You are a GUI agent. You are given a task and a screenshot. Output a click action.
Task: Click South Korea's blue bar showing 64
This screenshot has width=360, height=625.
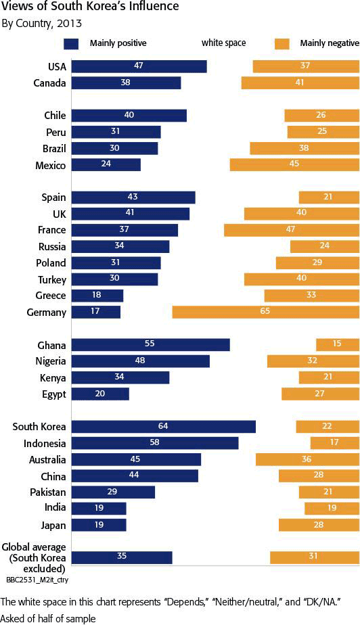coord(164,427)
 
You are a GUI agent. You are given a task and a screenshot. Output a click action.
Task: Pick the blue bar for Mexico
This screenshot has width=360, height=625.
coord(106,164)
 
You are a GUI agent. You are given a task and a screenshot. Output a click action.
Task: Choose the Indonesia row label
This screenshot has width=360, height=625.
coord(44,443)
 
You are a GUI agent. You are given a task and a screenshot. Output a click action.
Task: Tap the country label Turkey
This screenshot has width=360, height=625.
coord(52,280)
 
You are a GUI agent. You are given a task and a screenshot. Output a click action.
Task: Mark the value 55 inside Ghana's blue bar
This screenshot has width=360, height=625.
coord(149,344)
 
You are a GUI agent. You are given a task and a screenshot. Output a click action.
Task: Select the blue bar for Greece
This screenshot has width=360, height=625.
coord(97,296)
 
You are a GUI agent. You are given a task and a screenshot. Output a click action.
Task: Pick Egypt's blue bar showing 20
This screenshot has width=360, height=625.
coord(100,394)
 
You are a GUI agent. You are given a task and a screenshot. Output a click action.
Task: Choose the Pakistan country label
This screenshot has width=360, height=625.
coord(48,492)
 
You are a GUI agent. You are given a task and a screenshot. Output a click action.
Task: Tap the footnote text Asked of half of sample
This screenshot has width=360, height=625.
coord(49,619)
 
